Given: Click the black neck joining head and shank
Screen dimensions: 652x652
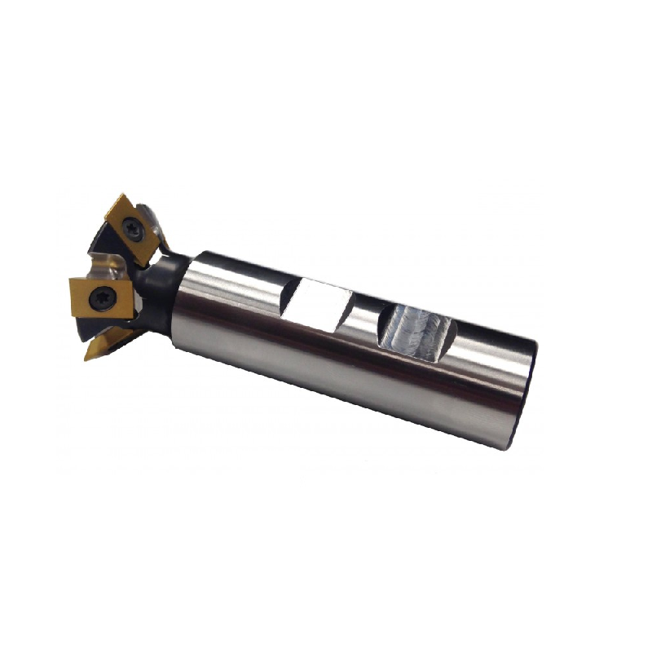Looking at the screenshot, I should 159,280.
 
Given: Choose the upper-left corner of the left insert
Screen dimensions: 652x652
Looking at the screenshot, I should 71,281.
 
